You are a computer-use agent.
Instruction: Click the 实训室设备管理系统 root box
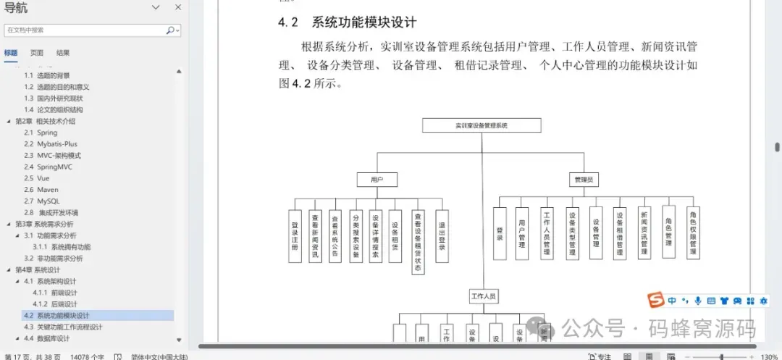(x=482, y=125)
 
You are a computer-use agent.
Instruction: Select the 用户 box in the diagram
(x=376, y=179)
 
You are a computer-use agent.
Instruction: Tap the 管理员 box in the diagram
(x=583, y=179)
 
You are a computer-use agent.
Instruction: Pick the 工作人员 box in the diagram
(x=484, y=296)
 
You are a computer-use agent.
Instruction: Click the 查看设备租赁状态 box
(x=418, y=241)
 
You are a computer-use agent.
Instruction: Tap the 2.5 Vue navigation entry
(x=35, y=178)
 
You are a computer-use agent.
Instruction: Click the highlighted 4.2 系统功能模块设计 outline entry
(x=64, y=316)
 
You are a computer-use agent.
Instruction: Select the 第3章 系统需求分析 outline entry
(x=44, y=225)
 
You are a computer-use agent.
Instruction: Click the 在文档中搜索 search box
(x=85, y=30)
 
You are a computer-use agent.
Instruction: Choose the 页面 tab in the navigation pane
(x=37, y=53)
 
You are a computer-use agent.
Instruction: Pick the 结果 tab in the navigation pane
(x=63, y=53)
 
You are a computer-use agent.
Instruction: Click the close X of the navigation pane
(x=177, y=7)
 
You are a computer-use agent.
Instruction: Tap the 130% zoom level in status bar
(x=768, y=356)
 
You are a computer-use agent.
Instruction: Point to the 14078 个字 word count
(x=87, y=356)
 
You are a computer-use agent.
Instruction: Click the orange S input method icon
(x=655, y=301)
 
